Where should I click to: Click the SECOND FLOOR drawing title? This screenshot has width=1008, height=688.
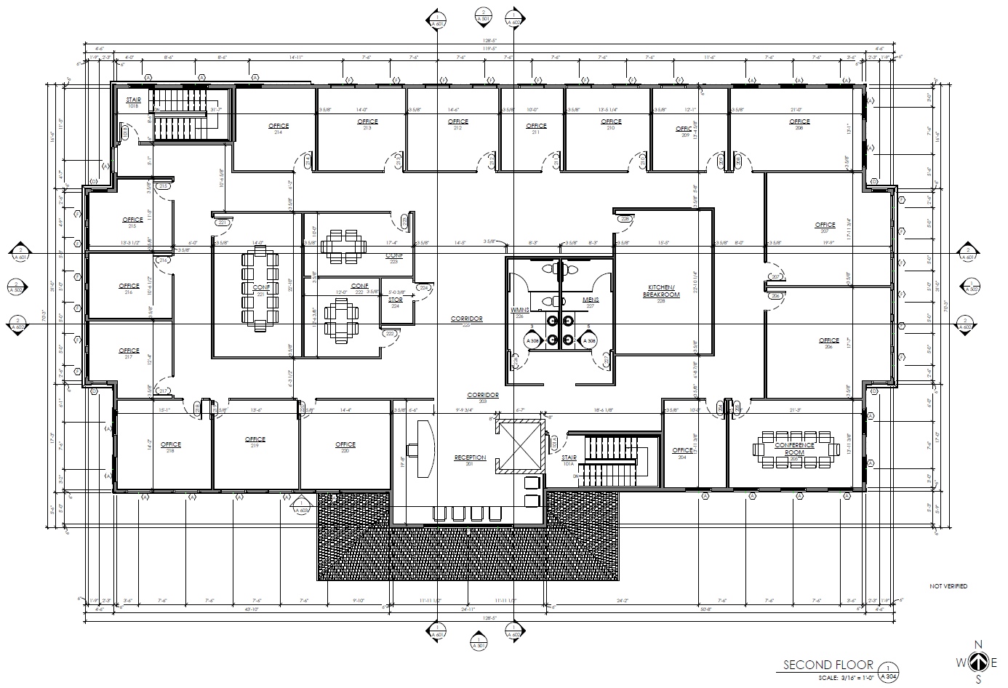[828, 665]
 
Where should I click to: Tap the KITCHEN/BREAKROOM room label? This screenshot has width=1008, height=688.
[661, 292]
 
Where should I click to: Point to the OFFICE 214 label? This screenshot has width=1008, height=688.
[279, 127]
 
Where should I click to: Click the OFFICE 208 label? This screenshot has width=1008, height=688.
[799, 123]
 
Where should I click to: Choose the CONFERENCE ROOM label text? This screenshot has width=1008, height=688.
[794, 448]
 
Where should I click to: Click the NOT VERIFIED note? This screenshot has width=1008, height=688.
[948, 586]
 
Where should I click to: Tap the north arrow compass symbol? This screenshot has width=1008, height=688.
[978, 663]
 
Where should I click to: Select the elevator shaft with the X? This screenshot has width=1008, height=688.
[519, 446]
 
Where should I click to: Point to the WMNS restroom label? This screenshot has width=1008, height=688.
[520, 311]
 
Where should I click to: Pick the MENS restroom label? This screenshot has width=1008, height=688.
[591, 301]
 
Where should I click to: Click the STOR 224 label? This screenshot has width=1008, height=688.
[395, 301]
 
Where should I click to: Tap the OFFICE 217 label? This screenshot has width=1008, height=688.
[129, 353]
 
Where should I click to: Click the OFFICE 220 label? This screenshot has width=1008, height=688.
[345, 446]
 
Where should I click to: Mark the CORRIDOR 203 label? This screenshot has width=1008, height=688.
[483, 396]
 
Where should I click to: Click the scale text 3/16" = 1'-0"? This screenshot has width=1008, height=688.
[847, 678]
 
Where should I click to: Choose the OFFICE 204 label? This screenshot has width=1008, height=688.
[682, 452]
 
